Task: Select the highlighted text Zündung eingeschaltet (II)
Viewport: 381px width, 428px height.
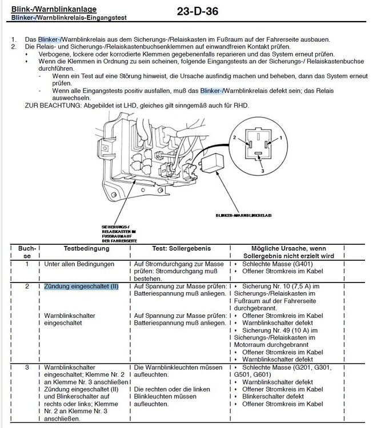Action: point(81,286)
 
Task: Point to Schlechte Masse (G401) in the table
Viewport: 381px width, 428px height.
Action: point(271,264)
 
